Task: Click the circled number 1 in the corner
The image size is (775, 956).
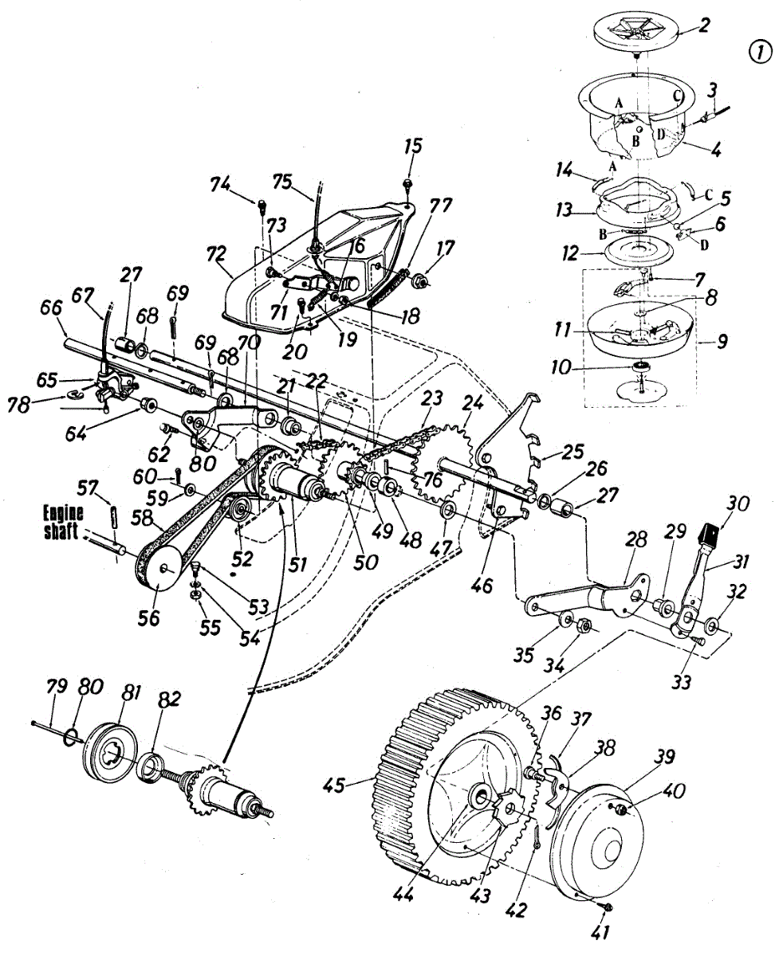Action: click(759, 52)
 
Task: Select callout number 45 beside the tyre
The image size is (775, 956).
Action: click(333, 786)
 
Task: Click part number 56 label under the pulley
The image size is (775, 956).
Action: click(148, 617)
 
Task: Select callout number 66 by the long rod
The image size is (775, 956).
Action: click(52, 305)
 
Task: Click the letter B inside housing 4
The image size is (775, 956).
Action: click(635, 140)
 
